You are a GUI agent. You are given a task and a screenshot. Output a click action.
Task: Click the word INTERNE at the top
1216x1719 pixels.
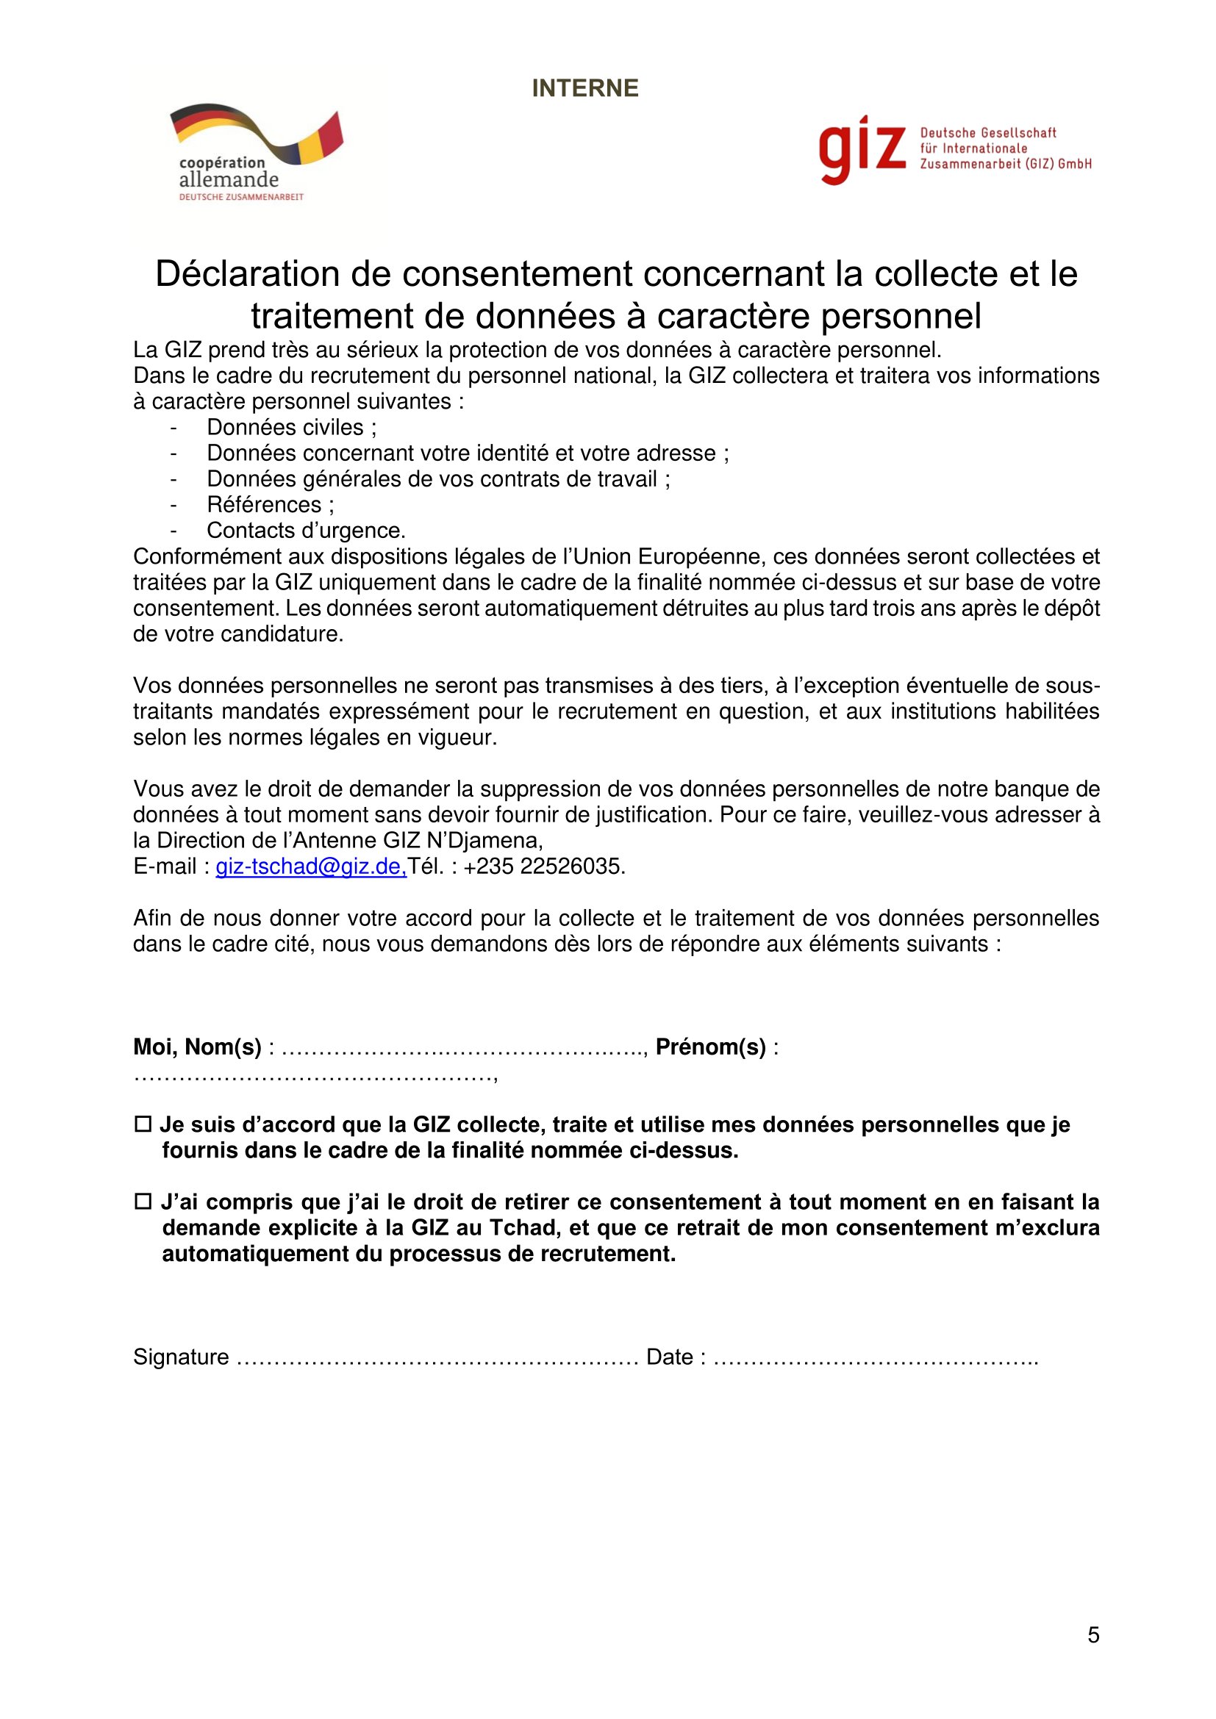click(584, 88)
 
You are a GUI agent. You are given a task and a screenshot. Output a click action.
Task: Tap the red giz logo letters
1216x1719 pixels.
click(862, 150)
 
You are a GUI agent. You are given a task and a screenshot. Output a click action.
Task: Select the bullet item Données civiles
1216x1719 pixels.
click(291, 428)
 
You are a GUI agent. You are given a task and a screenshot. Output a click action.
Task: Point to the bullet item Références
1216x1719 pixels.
click(271, 505)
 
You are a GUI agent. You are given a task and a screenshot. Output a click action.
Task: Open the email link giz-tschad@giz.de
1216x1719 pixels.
click(311, 866)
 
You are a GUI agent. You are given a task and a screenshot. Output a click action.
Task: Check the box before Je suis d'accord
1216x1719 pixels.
click(143, 1124)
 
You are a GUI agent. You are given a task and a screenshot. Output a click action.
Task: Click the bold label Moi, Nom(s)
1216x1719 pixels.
click(197, 1047)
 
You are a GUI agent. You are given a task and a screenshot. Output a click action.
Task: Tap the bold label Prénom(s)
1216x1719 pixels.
click(711, 1047)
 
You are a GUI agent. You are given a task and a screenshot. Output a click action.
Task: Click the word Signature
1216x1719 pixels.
click(181, 1357)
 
